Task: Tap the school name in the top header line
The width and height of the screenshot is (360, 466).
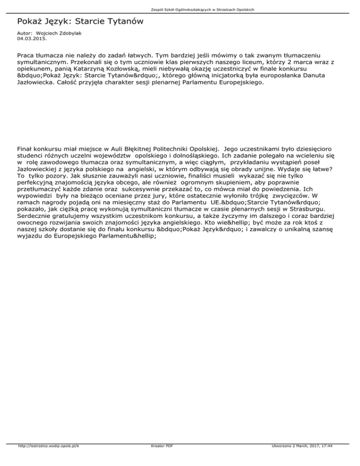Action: click(180, 9)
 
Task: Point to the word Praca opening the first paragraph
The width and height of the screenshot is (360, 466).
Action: click(27, 55)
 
